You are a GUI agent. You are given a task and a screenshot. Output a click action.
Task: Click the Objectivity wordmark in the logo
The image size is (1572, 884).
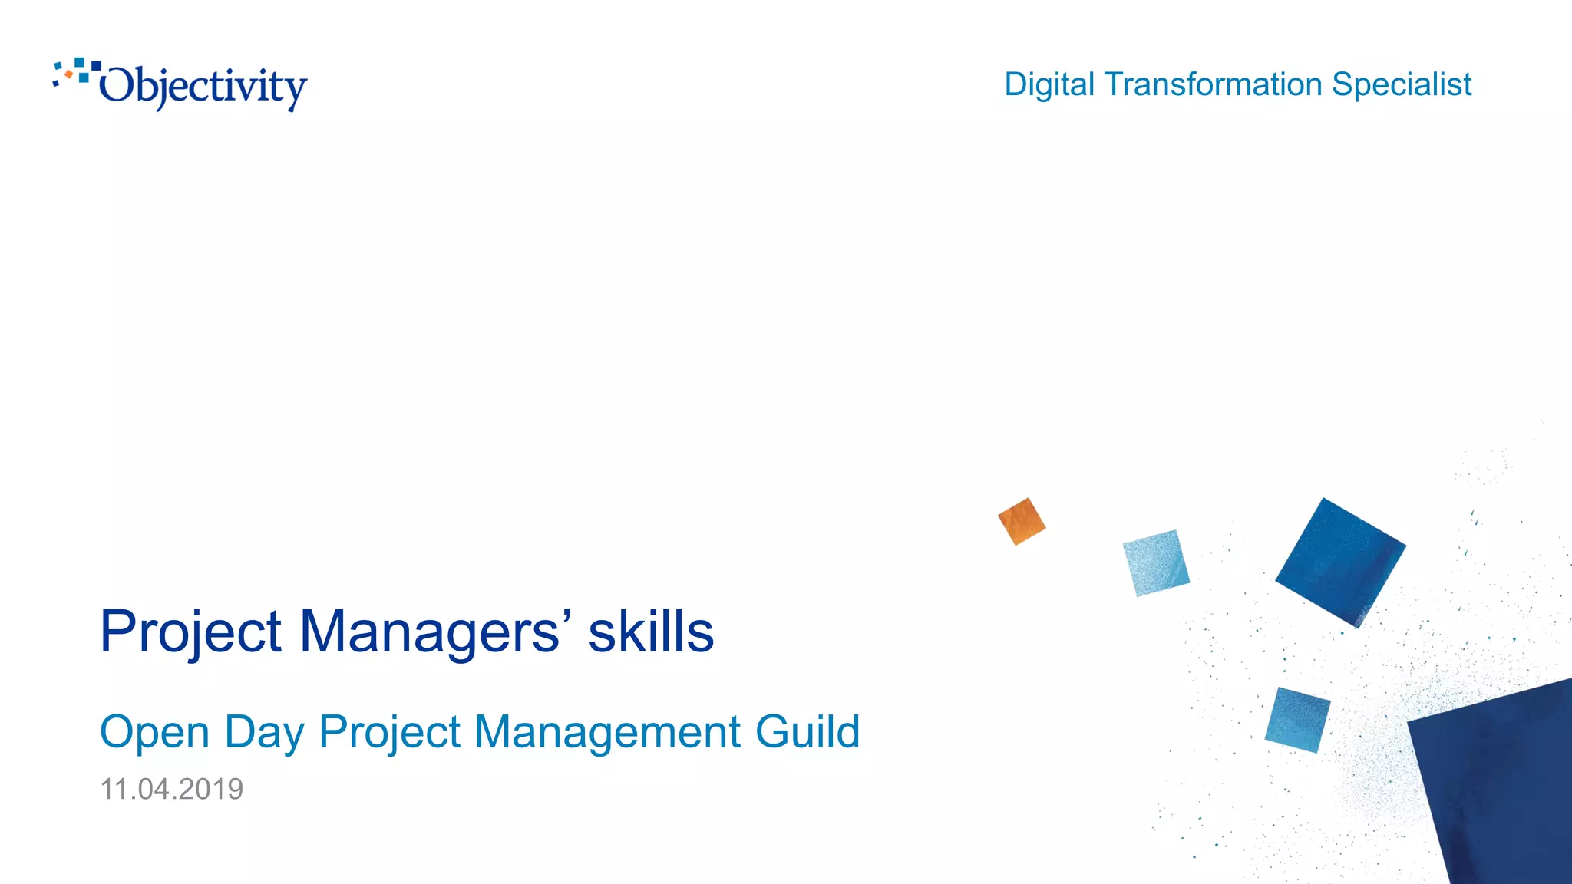coord(203,87)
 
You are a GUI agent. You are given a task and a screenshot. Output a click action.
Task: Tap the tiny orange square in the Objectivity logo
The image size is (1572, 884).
coord(69,74)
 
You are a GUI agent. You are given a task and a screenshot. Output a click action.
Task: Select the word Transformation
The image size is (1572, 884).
coord(1214,84)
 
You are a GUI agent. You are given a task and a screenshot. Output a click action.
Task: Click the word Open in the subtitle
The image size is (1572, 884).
coord(154,732)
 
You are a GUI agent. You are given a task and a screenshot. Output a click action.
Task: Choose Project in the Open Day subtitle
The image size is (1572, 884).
coord(390,732)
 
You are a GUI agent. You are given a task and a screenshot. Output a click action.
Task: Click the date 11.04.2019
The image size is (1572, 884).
coord(172,789)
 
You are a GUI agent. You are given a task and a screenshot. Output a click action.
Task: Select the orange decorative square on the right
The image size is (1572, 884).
coord(1022,522)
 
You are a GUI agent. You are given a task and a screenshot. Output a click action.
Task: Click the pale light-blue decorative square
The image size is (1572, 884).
coord(1156,562)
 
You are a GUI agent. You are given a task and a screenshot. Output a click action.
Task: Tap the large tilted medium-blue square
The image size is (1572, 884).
coord(1340,562)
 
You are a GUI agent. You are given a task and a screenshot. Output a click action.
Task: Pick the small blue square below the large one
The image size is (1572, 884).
coord(1297,720)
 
